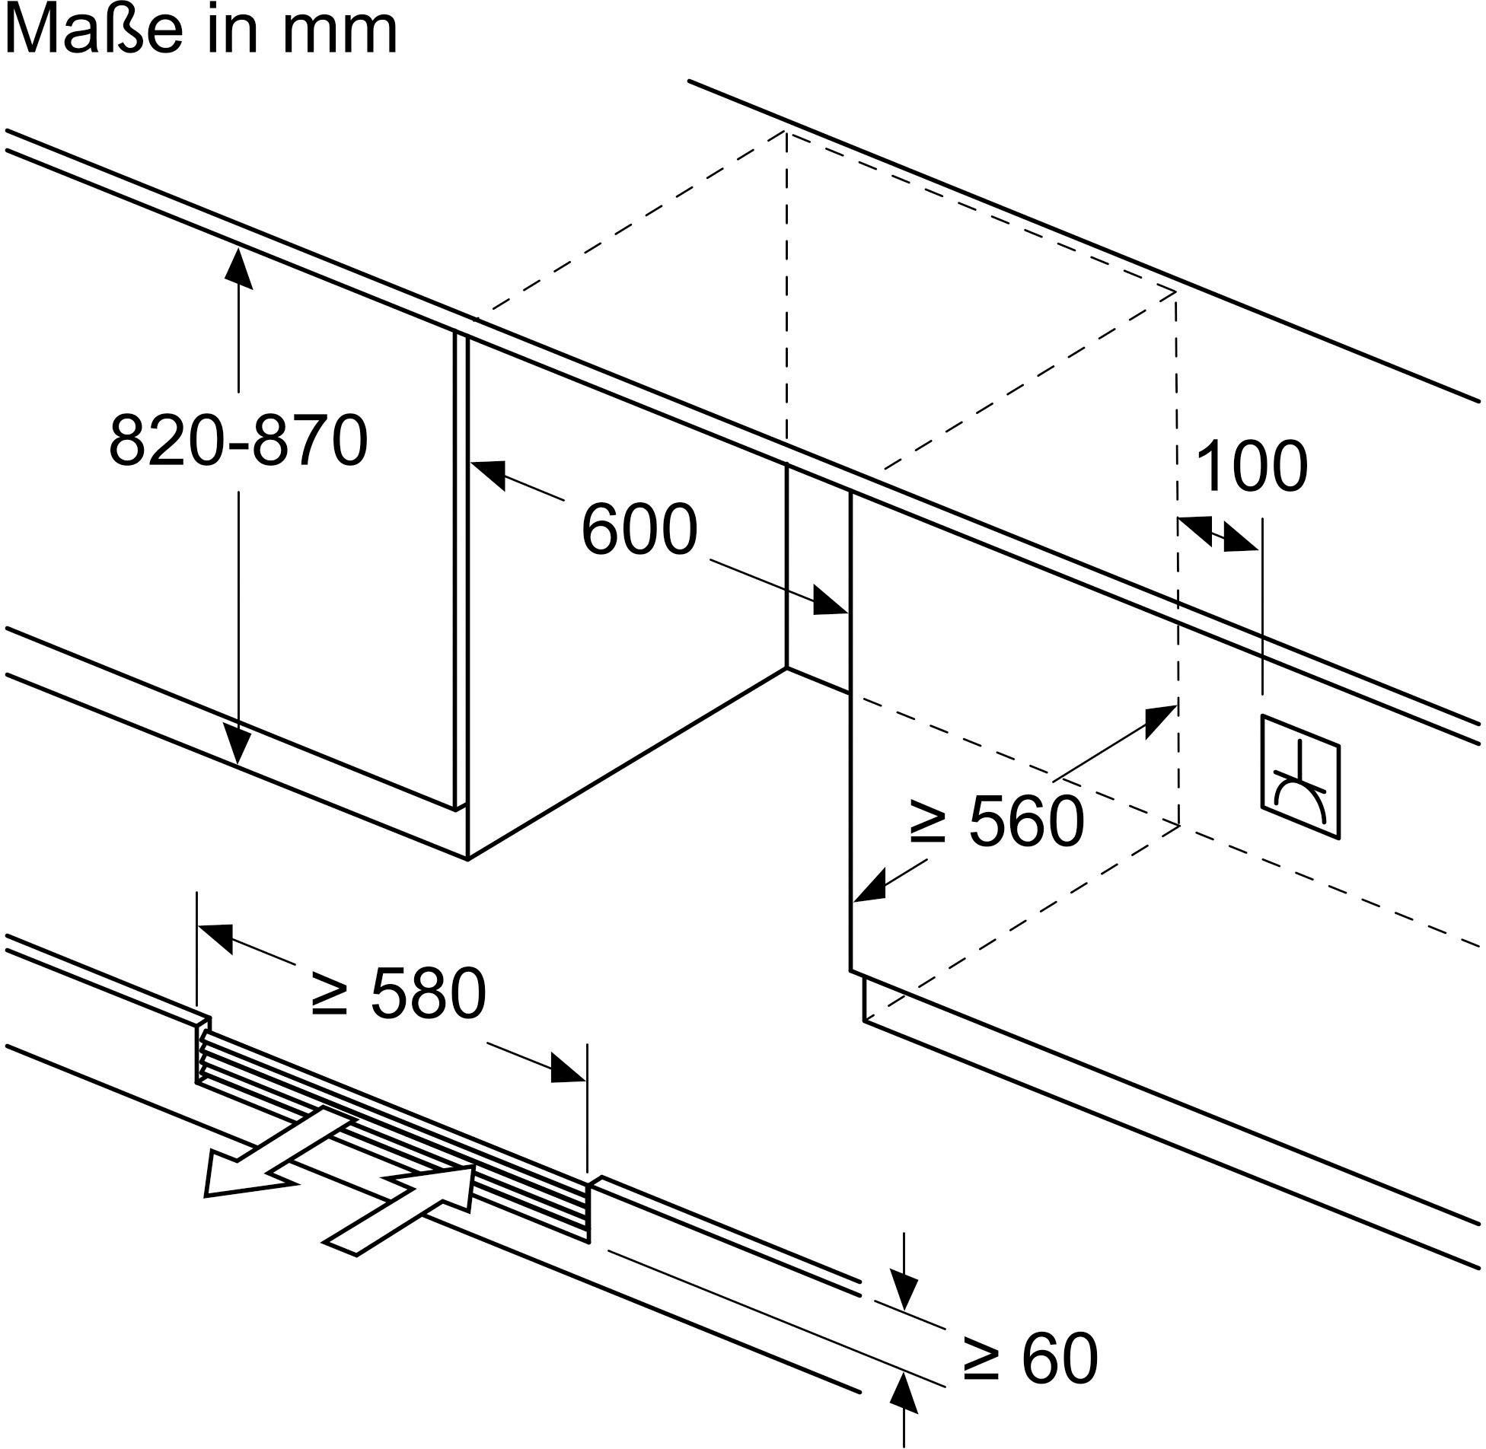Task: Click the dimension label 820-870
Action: (238, 441)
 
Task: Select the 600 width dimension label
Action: (639, 530)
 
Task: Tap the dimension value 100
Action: (1252, 466)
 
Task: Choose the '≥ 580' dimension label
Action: (399, 994)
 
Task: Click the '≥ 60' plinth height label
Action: (1031, 1358)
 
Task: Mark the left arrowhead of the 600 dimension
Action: (488, 473)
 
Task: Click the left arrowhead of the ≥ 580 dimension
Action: (215, 937)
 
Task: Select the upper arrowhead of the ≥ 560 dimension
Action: (1161, 719)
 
